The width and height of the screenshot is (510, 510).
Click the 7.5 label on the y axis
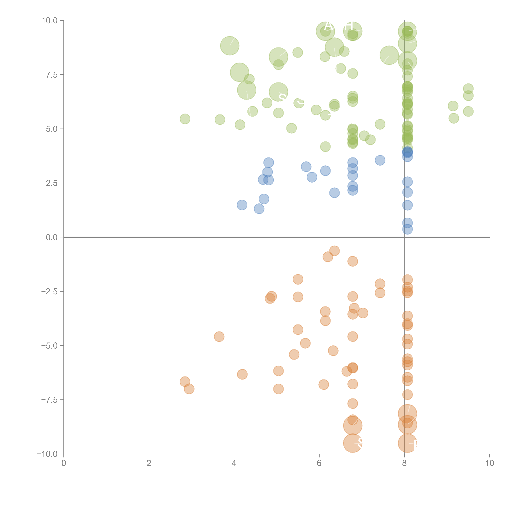pyautogui.click(x=52, y=75)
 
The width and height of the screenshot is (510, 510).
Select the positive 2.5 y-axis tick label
pyautogui.click(x=52, y=183)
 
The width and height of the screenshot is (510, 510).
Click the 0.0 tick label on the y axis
pyautogui.click(x=52, y=237)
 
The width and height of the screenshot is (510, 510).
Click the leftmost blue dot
pyautogui.click(x=242, y=205)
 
